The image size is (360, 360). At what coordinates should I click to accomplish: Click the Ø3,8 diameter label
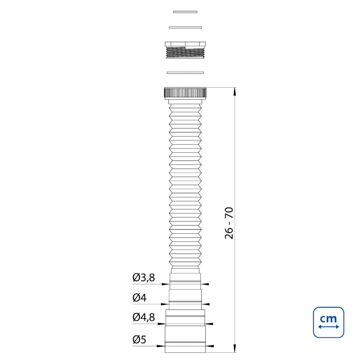(143, 277)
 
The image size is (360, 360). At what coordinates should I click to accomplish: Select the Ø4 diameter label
(139, 298)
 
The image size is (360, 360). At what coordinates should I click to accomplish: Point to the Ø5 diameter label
(139, 339)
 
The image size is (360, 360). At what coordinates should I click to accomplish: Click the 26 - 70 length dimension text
(229, 223)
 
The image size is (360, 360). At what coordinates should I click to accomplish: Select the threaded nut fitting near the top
(185, 50)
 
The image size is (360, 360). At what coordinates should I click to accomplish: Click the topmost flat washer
(185, 12)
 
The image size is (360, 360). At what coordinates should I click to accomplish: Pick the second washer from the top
(185, 27)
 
